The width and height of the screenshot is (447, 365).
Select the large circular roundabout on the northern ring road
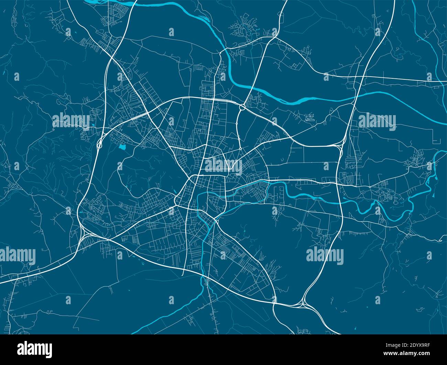click(242, 108)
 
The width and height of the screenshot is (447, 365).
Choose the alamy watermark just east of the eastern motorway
click(377, 121)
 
